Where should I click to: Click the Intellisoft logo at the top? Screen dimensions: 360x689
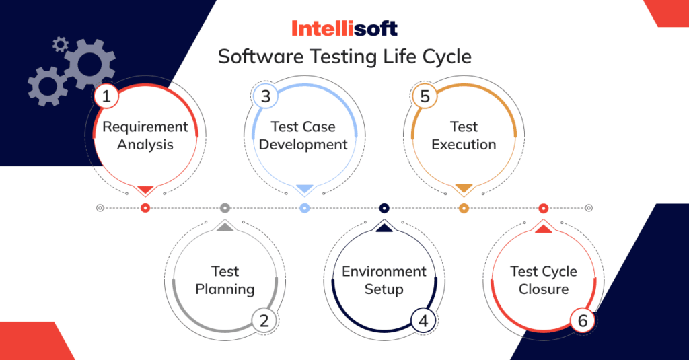344,28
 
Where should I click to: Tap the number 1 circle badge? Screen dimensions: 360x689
106,96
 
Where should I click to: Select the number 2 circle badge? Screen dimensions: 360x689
264,320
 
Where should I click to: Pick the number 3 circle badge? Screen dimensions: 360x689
265,96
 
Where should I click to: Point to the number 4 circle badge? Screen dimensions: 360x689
423,320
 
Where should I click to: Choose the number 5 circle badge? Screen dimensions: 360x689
425,96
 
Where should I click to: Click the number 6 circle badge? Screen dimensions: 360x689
583,320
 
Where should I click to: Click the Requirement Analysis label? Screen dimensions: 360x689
145,135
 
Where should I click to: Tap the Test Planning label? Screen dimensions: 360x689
225,281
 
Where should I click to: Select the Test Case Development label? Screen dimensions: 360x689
303,135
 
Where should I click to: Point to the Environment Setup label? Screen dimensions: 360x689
384,281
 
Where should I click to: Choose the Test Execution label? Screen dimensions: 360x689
464,135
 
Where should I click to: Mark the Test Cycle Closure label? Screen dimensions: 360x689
544,281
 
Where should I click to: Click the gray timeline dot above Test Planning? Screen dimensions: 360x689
225,208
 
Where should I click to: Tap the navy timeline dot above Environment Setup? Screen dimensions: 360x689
384,208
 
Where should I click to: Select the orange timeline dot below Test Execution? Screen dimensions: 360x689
464,208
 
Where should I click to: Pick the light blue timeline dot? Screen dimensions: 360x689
304,208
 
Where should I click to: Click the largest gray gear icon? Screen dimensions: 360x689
89,64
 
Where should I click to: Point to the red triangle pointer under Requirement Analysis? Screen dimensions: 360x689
145,190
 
